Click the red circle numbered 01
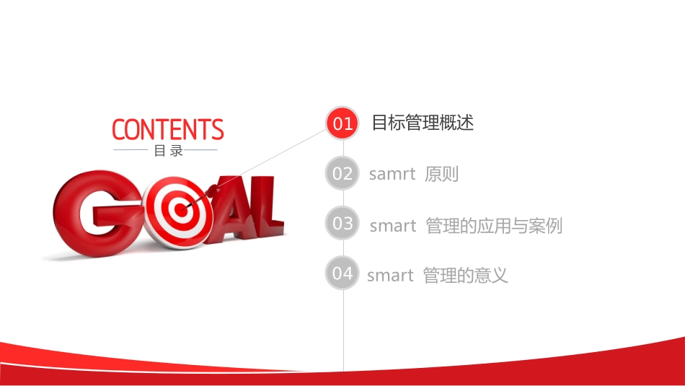point(342,123)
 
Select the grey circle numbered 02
point(342,173)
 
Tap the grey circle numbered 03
point(342,224)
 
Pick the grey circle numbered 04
point(342,273)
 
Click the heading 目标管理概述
point(423,123)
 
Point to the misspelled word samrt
point(392,174)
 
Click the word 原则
point(442,174)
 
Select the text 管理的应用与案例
point(494,226)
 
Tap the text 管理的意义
point(466,276)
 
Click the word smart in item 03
point(393,226)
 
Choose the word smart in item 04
point(390,276)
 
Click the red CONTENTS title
point(168,130)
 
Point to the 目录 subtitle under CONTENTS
point(168,151)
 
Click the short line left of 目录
point(131,151)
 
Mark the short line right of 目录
point(201,150)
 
